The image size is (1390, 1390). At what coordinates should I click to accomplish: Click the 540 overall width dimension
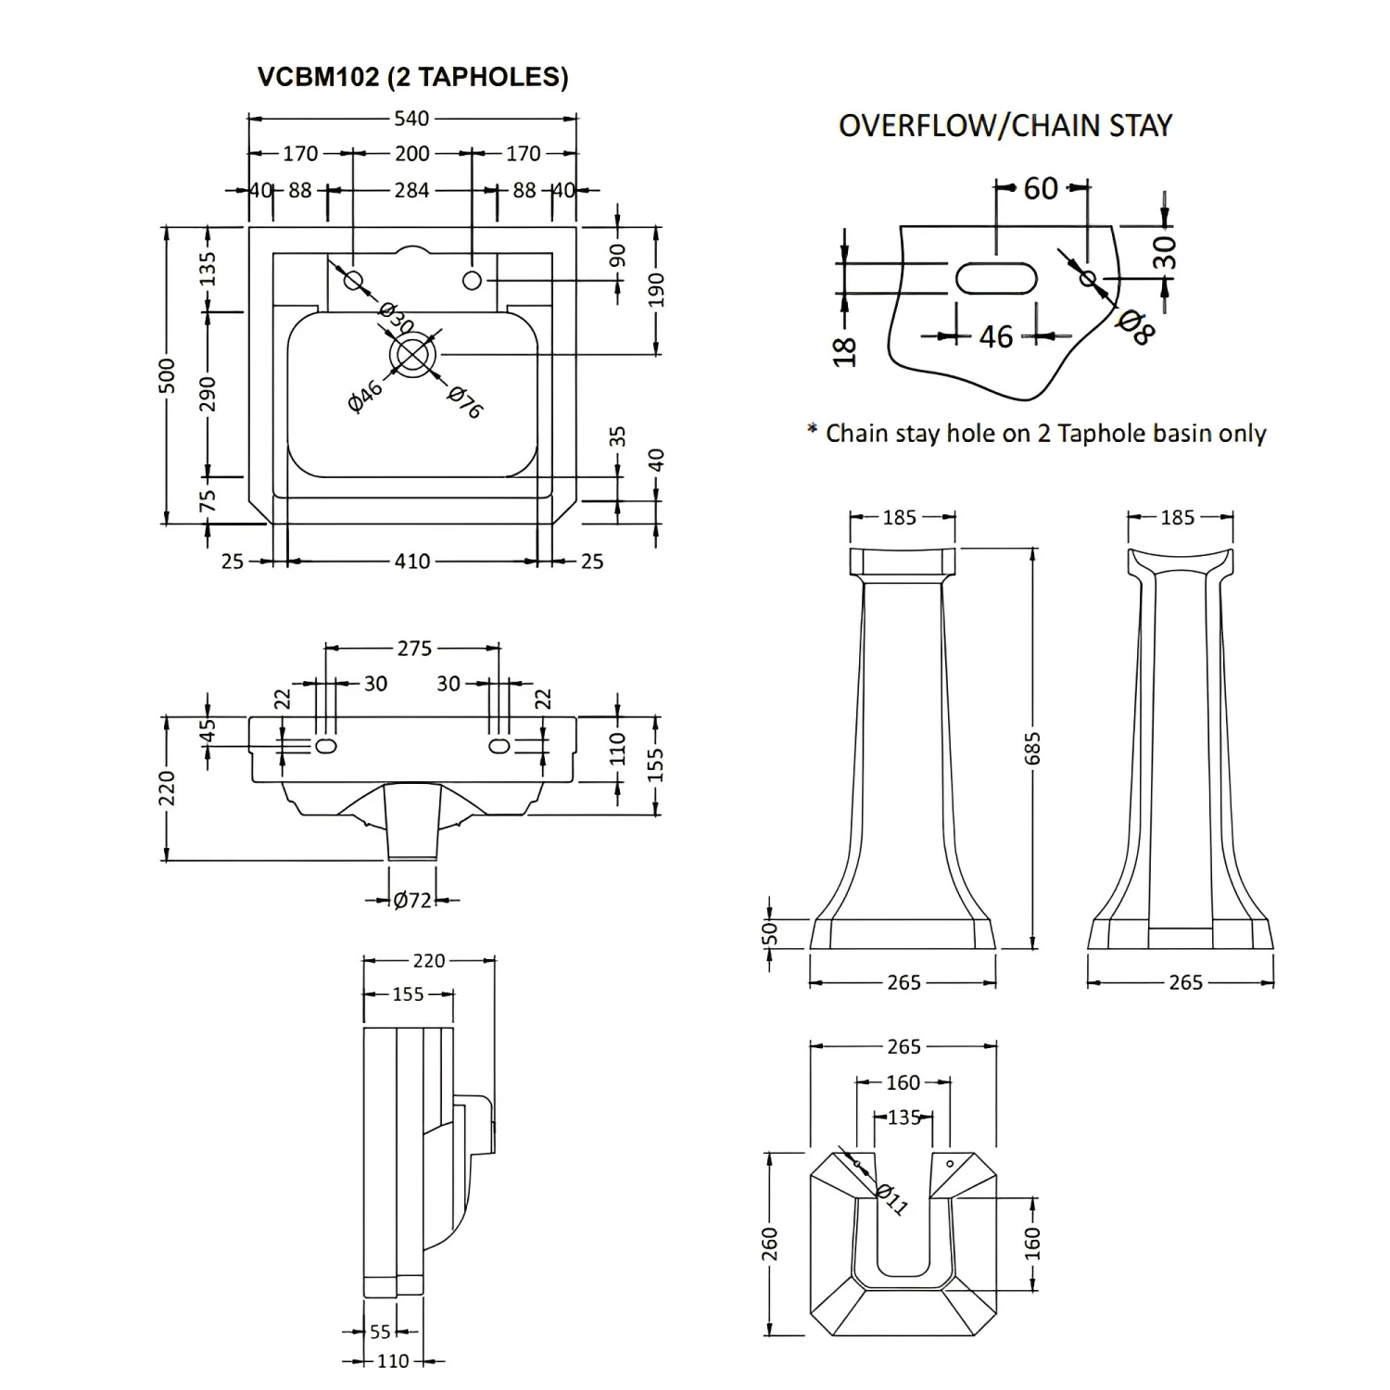(x=411, y=119)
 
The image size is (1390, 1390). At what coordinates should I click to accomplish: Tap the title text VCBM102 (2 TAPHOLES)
(x=412, y=77)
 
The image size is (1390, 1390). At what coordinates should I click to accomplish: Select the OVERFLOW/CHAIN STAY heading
(x=1005, y=126)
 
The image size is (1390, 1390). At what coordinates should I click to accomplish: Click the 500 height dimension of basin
(x=168, y=375)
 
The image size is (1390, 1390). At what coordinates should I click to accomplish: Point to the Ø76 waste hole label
(x=464, y=401)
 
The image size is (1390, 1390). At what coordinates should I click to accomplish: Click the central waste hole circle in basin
(x=413, y=354)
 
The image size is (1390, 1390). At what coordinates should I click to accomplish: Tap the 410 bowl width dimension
(x=411, y=561)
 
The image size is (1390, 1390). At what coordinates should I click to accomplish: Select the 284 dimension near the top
(x=411, y=190)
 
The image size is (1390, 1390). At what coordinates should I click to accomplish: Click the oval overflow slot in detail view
(x=992, y=277)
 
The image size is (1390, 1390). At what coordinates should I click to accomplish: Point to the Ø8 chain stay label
(x=1135, y=326)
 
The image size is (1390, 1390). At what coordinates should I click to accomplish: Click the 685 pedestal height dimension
(x=1033, y=749)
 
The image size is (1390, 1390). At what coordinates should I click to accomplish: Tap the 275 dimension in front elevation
(x=414, y=649)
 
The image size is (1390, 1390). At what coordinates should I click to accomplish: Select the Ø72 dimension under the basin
(x=411, y=900)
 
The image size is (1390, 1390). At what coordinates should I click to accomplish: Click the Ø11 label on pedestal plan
(x=891, y=1199)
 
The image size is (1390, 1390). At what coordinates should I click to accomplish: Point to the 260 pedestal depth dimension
(x=769, y=1244)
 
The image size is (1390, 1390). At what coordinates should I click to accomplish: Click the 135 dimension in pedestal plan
(x=903, y=1117)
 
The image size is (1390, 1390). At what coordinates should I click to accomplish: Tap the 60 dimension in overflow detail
(x=1041, y=189)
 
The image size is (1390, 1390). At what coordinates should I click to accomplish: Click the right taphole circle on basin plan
(x=472, y=280)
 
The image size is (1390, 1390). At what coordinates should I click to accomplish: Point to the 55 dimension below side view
(x=380, y=1332)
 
